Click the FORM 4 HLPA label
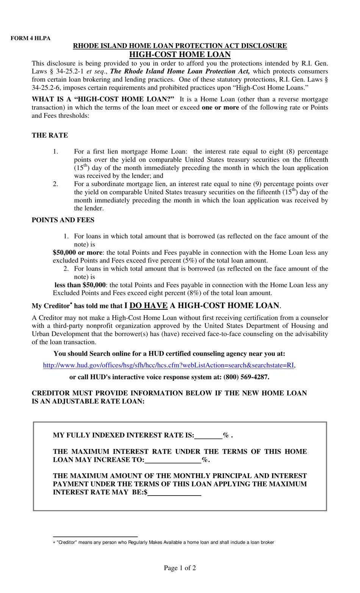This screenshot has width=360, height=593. (x=30, y=38)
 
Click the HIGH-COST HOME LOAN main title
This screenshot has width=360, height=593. (x=180, y=54)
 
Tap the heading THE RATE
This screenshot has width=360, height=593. (x=50, y=135)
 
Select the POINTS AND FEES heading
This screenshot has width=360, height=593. (x=63, y=220)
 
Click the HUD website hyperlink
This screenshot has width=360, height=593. (x=169, y=366)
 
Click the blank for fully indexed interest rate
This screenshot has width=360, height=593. (x=208, y=435)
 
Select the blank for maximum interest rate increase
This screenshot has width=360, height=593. (x=173, y=460)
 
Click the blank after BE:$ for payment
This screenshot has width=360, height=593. (x=174, y=493)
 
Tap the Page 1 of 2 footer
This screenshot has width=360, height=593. (x=180, y=568)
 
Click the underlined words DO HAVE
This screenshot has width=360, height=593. (x=149, y=306)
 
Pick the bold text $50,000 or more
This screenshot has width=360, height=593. (x=77, y=253)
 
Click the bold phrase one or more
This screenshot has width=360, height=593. (x=220, y=107)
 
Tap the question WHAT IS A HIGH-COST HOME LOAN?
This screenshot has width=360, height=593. (x=103, y=99)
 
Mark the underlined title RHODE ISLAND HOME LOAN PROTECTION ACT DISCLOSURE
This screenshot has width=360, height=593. (x=180, y=46)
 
